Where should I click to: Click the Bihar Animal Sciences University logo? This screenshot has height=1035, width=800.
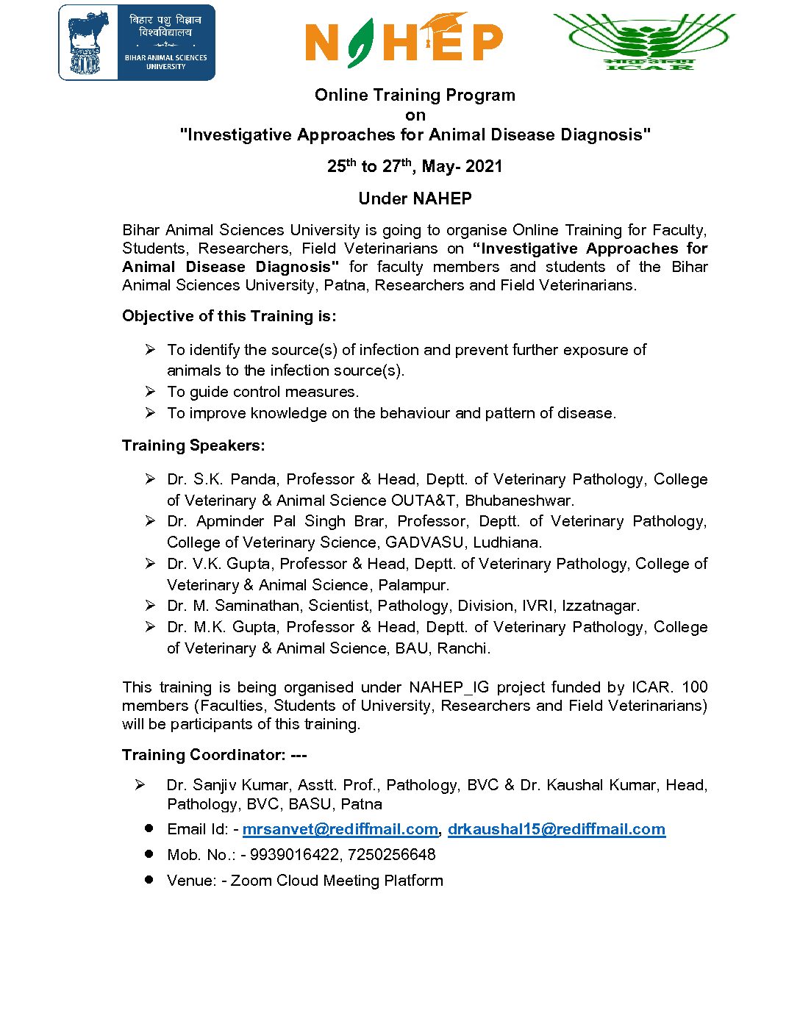[x=137, y=43]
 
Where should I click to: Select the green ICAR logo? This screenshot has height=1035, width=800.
[x=644, y=41]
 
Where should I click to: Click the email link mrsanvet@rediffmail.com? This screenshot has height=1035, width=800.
[x=340, y=829]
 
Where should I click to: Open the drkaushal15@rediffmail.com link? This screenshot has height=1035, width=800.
[x=556, y=829]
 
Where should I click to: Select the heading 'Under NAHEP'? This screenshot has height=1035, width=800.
[x=415, y=198]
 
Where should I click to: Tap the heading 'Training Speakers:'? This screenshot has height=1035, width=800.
[x=193, y=445]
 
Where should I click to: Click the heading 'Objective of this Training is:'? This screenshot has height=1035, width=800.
[x=229, y=316]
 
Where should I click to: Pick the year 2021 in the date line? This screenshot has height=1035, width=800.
[x=484, y=167]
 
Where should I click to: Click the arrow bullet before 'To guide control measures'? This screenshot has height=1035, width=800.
[x=150, y=392]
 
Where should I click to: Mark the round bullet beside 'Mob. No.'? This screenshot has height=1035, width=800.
[x=149, y=854]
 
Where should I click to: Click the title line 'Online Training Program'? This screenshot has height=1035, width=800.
[x=415, y=96]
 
